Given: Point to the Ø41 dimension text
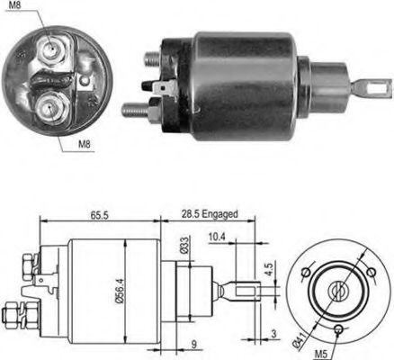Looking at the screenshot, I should tap(299, 339).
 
